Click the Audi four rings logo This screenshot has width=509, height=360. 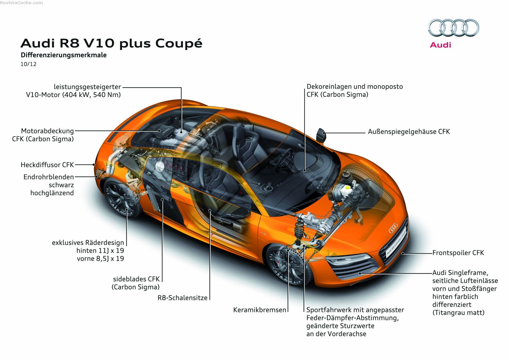(x=453, y=28)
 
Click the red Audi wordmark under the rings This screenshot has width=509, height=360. (x=440, y=45)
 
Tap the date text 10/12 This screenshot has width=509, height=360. (x=29, y=64)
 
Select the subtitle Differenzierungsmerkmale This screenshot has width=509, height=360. (x=64, y=55)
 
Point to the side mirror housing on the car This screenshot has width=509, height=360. (x=321, y=135)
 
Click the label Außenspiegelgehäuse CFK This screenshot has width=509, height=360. (x=409, y=131)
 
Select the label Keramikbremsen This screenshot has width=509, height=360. (x=260, y=310)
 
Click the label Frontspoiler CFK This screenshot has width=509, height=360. (x=458, y=253)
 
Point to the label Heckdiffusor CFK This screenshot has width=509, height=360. (x=47, y=165)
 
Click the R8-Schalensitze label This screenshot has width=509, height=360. (x=182, y=298)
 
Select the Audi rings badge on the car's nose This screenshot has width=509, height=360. (x=393, y=228)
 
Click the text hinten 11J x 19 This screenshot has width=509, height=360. (x=100, y=251)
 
